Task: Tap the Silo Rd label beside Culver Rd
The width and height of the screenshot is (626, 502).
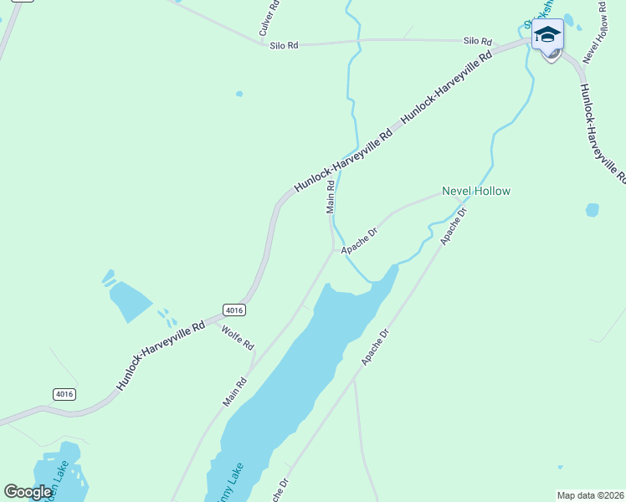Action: coord(284,45)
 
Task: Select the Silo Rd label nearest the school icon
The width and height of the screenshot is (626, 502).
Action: coord(478,40)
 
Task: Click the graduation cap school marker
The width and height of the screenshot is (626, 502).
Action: coord(547,35)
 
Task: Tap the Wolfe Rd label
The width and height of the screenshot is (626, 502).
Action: coord(237,337)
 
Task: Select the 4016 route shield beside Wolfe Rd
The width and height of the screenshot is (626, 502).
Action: coord(233,310)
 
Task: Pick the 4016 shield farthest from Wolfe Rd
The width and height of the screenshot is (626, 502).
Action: coord(64,393)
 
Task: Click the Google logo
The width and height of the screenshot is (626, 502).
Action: coord(28,492)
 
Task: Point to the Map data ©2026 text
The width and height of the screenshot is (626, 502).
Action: coord(590,495)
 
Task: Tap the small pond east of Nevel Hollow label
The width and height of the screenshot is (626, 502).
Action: coord(593,210)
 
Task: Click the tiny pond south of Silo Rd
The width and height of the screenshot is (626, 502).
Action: coord(239,94)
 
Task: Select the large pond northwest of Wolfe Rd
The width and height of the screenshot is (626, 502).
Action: coord(130,300)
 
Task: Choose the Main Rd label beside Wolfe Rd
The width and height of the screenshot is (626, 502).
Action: coord(235,391)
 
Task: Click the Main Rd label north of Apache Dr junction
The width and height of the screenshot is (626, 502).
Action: coord(331,197)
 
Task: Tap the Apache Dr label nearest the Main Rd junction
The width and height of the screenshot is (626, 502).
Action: coord(359,239)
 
